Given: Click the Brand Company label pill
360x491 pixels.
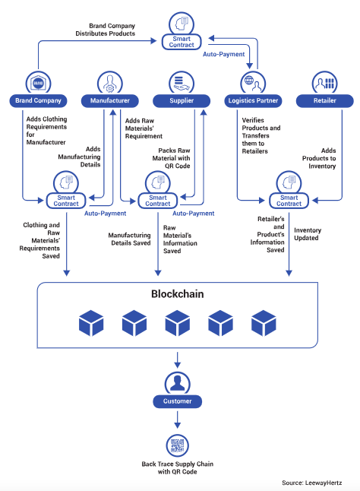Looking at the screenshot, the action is click(38, 101).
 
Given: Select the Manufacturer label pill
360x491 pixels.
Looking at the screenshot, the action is click(110, 101).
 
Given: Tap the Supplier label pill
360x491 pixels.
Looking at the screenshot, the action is click(182, 101).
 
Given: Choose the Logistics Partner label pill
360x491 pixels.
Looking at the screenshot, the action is click(253, 101).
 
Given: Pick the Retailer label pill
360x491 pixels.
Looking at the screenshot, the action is click(324, 101).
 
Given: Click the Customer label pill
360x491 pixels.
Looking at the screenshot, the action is click(177, 401).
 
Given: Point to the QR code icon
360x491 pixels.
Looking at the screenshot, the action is click(177, 445).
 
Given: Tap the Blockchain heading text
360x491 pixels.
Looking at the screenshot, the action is click(177, 294).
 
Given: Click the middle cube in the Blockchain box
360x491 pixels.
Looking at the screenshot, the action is click(177, 323).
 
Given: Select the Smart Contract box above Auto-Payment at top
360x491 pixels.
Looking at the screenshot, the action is click(182, 42).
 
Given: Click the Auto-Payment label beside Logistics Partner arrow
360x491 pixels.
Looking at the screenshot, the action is click(223, 54).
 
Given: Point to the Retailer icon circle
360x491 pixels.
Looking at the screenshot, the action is click(324, 83).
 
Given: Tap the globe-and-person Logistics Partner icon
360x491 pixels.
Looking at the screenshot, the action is click(253, 83).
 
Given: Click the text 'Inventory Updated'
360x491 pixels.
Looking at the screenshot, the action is click(308, 234).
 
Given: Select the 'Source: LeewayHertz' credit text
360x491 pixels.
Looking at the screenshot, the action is click(312, 483).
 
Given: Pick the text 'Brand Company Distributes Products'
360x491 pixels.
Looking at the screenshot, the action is click(106, 30).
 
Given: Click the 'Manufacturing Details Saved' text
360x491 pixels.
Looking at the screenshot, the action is click(129, 239).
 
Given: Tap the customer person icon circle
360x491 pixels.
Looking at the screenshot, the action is click(177, 383).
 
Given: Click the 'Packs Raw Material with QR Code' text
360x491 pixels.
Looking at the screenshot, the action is click(171, 158).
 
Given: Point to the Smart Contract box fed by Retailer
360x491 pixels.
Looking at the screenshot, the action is click(289, 201).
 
